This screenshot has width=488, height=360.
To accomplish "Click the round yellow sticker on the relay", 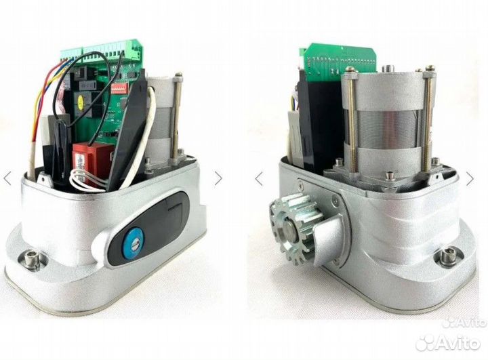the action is [80, 100].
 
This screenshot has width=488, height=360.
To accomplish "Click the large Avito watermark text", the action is [448, 343].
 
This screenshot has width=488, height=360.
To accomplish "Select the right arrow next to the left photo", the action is [218, 178].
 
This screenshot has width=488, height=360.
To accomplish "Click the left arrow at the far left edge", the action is [7, 178].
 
